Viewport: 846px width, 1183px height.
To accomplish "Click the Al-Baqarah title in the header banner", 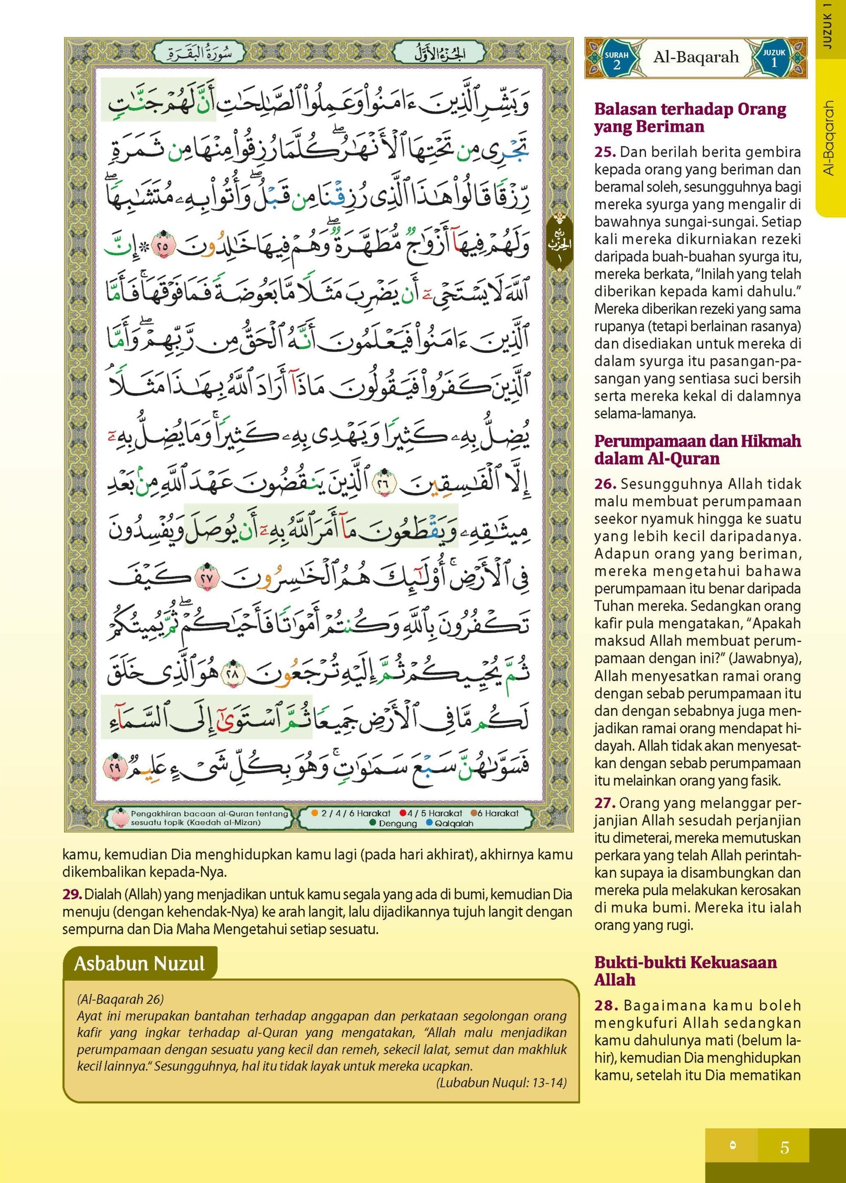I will [696, 57].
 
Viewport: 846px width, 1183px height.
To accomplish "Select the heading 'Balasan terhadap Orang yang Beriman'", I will [690, 118].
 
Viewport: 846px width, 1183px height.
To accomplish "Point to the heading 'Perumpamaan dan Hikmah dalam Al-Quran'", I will [698, 450].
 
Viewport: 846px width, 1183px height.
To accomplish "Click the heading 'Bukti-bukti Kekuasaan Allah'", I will [685, 971].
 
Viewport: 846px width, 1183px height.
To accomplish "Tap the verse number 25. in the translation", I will [605, 153].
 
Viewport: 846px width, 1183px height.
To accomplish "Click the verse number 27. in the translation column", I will [605, 803].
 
